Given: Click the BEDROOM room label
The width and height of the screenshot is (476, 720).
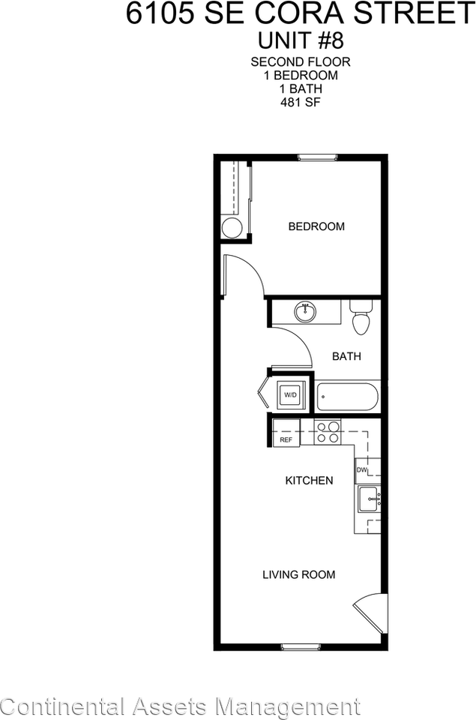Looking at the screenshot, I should coord(316,226).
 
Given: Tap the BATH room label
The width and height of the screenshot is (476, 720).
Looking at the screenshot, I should coord(346,356).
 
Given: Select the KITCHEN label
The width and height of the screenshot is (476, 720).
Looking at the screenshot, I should coord(309,480).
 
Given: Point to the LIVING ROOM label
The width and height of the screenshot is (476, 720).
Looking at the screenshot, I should coord(298,575).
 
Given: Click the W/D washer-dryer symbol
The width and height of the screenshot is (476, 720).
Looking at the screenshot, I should coord(289,395).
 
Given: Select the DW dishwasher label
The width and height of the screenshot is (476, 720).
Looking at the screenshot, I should coord(361,470).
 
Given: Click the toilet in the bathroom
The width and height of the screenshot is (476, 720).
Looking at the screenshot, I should coord(361,318).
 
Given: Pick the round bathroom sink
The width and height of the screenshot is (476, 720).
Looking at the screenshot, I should coord(305,312).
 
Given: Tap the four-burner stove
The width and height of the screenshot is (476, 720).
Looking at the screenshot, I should coord(328,433).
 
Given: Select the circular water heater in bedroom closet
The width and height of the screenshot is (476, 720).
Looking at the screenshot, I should coord(232,227).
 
